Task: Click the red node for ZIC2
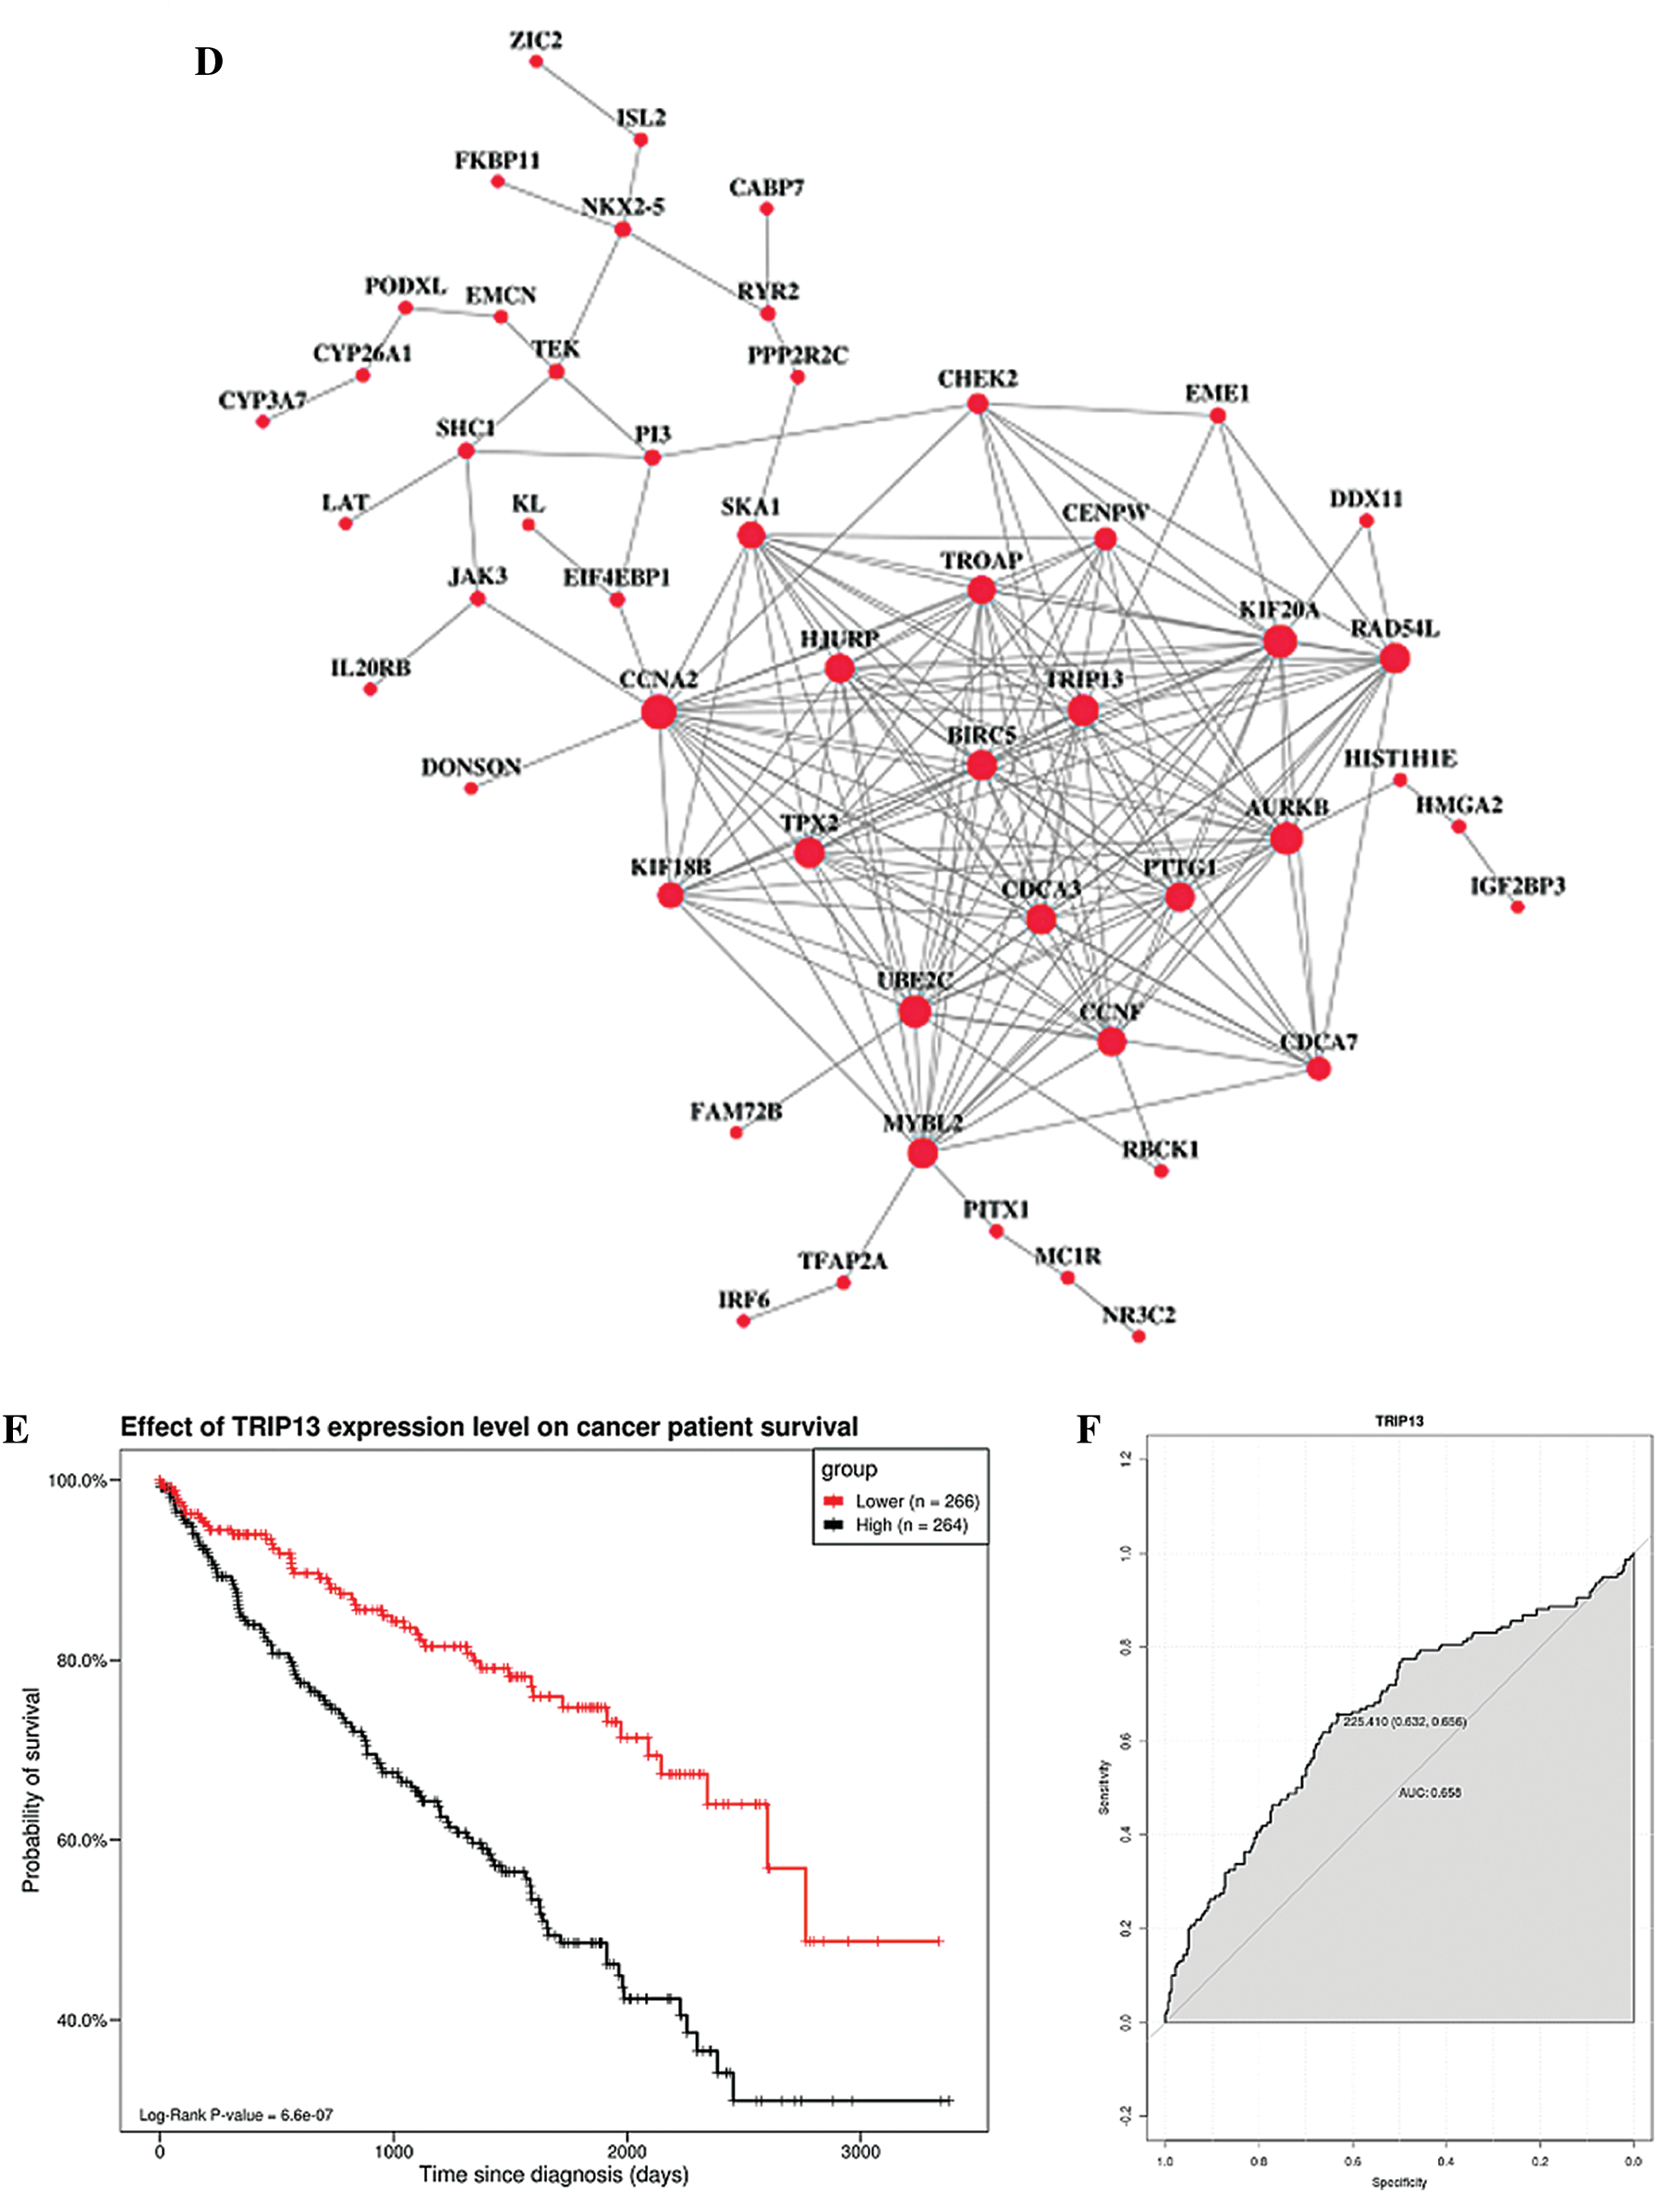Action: tap(535, 62)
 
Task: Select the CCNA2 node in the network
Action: tap(658, 711)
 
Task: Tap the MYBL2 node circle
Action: tap(922, 1153)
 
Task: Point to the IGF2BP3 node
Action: tap(1517, 908)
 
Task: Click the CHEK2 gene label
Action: tap(977, 379)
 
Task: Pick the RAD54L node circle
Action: tap(1395, 658)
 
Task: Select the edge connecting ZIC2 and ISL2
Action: tap(587, 100)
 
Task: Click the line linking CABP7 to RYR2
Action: tap(766, 261)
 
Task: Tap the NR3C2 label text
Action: tap(1139, 1315)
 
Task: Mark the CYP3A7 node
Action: tap(262, 421)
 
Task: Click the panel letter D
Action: tap(208, 63)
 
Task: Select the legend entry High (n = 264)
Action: tap(910, 1525)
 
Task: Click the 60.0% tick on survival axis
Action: tap(81, 1840)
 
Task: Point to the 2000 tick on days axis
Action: tap(627, 2150)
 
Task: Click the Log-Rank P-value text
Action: tap(236, 2114)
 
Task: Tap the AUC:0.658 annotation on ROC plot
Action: tap(1429, 1793)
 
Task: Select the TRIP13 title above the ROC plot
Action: tap(1398, 1420)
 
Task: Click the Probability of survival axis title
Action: tap(31, 1789)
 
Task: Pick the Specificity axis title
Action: tap(1398, 2182)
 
